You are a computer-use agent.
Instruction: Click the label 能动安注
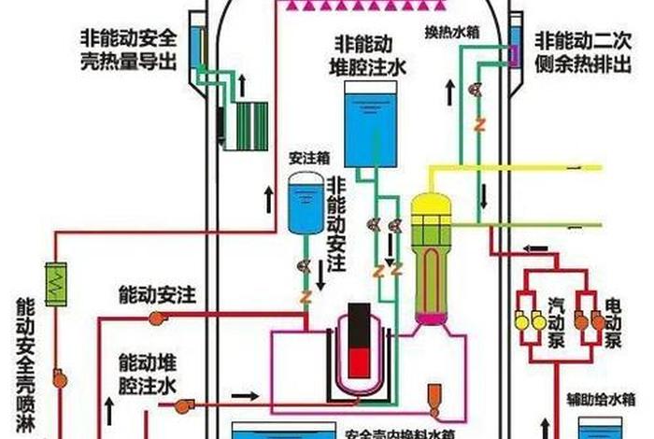(156, 295)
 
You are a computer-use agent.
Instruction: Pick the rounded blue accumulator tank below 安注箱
(302, 203)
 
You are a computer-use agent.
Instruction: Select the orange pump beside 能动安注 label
(155, 319)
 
